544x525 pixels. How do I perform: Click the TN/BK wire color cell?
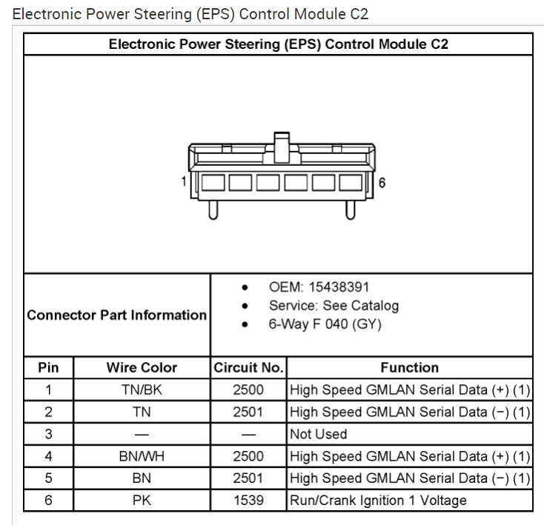pos(142,389)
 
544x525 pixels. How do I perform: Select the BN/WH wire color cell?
pos(142,456)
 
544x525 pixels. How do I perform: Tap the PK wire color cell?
pos(142,501)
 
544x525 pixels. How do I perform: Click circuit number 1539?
pos(248,501)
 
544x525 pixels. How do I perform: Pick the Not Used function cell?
pos(319,434)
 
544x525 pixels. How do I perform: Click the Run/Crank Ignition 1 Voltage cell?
pos(378,501)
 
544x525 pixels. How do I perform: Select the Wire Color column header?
pos(142,368)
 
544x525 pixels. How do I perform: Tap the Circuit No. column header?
pos(248,368)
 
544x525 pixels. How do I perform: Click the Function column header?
pos(410,368)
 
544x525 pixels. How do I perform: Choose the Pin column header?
pos(48,368)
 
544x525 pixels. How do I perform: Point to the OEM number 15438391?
pos(339,287)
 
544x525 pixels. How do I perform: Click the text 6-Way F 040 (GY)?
pos(325,324)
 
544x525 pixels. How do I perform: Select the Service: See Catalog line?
pos(334,306)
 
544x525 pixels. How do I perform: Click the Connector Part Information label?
pos(116,315)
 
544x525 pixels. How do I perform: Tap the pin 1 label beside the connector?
pos(184,181)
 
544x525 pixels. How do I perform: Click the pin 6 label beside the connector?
pos(382,183)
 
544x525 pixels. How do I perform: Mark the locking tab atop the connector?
pos(282,147)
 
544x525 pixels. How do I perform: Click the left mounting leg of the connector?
pos(213,210)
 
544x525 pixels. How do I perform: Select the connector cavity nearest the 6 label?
pos(351,183)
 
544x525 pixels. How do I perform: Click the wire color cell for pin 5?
pos(142,478)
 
